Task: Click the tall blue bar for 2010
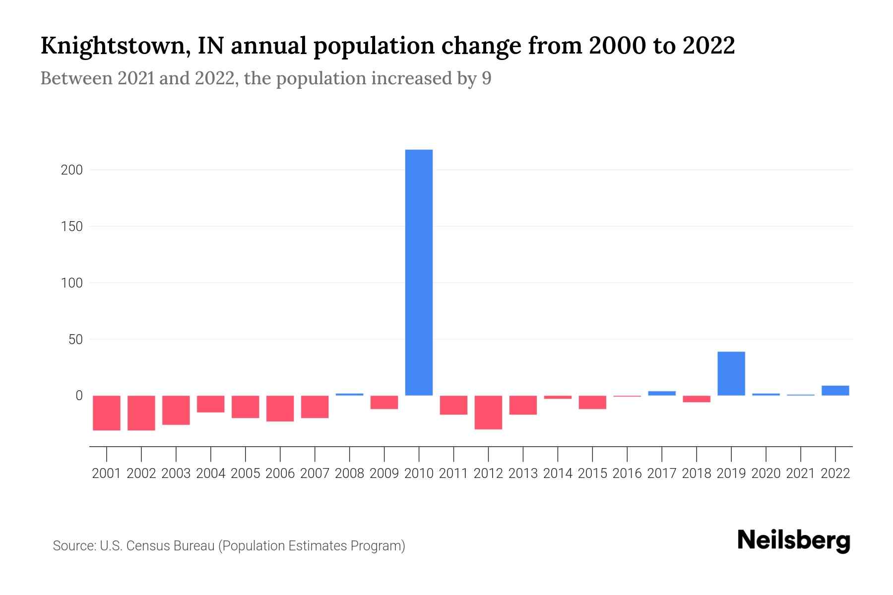419,272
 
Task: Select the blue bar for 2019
731,373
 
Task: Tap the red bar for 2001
107,413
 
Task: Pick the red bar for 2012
488,412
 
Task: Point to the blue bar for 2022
835,390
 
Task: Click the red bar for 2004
211,404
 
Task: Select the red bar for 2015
592,402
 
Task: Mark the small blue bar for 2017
662,393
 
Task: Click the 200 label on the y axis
71,170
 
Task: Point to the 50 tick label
75,340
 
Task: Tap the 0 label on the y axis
78,396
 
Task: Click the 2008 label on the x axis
349,474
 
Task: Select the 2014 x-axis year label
558,474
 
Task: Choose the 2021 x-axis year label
800,474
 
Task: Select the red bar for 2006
280,408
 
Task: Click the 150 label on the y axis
71,227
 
